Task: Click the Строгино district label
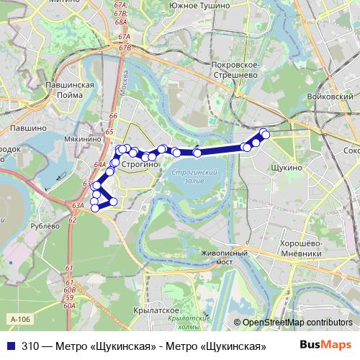[x=140, y=165]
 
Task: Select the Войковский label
[x=330, y=96]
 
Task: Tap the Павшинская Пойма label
[x=70, y=89]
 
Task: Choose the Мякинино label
[x=85, y=121]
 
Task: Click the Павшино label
[x=29, y=127]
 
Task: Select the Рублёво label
[x=45, y=225]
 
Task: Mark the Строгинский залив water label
[x=196, y=176]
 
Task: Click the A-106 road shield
[x=21, y=318]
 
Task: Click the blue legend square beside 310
[x=11, y=346]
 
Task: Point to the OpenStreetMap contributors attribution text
[x=292, y=323]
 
